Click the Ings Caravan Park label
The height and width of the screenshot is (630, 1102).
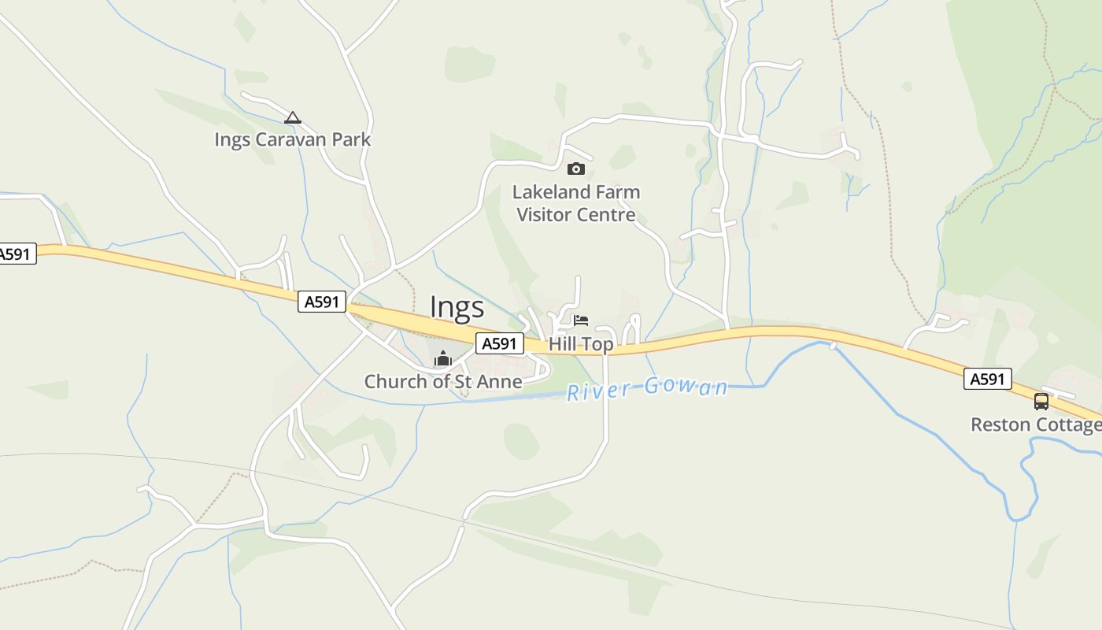[x=292, y=140]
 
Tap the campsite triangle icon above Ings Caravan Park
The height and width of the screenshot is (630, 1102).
[x=293, y=118]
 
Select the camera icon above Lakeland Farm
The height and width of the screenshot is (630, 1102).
[x=576, y=169]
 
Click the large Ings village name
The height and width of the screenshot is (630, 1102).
[x=457, y=307]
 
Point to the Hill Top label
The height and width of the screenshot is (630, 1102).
[x=581, y=344]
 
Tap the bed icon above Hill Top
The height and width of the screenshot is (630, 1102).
[x=581, y=321]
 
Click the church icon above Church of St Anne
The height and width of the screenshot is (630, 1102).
[x=442, y=359]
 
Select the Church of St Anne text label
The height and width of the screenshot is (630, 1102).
[x=442, y=382]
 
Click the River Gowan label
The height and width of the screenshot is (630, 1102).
[x=647, y=389]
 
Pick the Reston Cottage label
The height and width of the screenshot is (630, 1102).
[x=1036, y=425]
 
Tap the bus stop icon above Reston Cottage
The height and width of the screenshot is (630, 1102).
[x=1041, y=402]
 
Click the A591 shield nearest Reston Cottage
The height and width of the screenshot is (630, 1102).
[x=987, y=380]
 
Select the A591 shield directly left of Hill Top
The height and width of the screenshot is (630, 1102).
[x=499, y=343]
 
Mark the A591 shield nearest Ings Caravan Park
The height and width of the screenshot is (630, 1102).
[x=322, y=302]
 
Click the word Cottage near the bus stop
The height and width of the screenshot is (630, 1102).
[x=1068, y=425]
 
